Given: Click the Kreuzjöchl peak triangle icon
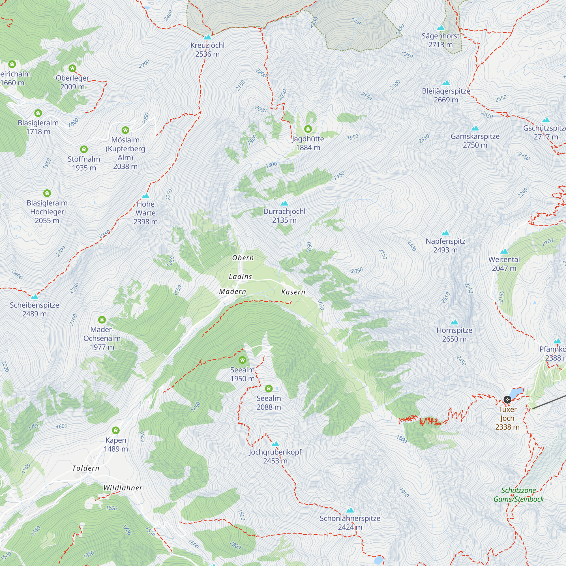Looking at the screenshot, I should tap(207, 37).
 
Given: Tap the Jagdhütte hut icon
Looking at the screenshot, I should tap(308, 129).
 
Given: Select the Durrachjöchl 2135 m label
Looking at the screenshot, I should tap(284, 216).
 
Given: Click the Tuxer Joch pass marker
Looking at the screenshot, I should tap(507, 400).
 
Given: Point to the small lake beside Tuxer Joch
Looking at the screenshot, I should tap(516, 392).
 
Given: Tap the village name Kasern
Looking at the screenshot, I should tap(293, 292).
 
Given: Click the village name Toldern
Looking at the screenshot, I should tap(85, 468).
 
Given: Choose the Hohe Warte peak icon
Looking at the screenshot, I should tap(145, 196).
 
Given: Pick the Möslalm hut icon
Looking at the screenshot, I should tap(125, 130).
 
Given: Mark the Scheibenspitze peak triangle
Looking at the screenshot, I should tap(35, 297).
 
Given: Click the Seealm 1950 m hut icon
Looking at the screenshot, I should tap(242, 360).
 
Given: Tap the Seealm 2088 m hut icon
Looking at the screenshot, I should tap(269, 389).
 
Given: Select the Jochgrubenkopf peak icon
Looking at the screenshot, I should tap(275, 444).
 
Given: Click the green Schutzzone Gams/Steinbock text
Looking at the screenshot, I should tap(518, 495).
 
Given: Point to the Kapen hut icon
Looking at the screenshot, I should tap(116, 430).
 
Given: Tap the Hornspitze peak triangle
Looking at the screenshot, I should tap(454, 322).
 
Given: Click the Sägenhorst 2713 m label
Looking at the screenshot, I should tap(441, 40).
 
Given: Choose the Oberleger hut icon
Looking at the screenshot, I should tap(72, 68).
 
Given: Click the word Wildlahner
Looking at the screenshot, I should tap(123, 488).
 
